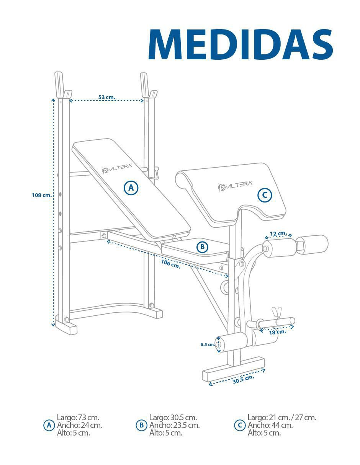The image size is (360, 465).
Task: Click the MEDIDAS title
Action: click(241, 44)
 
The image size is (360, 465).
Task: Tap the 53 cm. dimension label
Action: click(106, 97)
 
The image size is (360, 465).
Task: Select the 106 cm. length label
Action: click(170, 264)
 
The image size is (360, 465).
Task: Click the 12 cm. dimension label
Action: click(278, 233)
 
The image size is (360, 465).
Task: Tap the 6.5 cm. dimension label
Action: click(208, 344)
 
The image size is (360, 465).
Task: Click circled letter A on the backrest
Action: click(131, 188)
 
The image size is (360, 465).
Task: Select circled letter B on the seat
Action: click(202, 247)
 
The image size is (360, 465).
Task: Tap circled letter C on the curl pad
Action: click(265, 195)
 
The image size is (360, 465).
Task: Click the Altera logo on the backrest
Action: click(117, 168)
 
